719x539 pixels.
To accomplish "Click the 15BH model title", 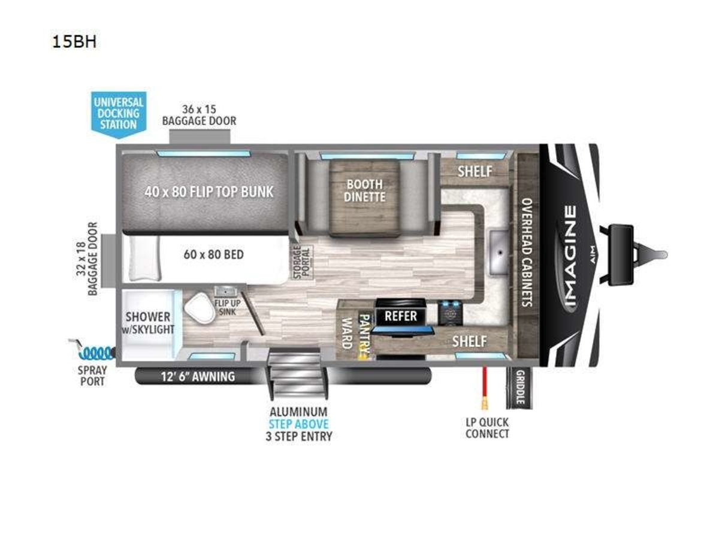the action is pos(74,42).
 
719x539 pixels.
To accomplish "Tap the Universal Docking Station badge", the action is pos(119,114).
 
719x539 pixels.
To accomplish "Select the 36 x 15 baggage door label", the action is pos(199,115).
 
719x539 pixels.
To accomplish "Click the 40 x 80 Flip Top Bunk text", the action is pos(209,192).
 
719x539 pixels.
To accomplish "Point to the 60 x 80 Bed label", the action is pos(213,255).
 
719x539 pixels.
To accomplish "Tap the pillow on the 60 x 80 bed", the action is pos(144,259).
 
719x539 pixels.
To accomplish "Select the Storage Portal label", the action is pos(301,262).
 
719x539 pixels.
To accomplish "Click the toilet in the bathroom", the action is pos(200,309).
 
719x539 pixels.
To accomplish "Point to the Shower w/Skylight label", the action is pos(148,323).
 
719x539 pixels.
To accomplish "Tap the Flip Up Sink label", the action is pos(227,307).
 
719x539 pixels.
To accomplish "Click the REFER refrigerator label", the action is pos(401,316).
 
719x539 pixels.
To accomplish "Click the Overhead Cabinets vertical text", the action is pos(527,252).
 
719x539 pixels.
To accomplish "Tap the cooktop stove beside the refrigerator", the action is pos(450,313).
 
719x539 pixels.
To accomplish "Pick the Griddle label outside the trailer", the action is pos(519,387).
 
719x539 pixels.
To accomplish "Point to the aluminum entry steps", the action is pos(297,374).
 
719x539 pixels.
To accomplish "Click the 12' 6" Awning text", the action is pos(198,377).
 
